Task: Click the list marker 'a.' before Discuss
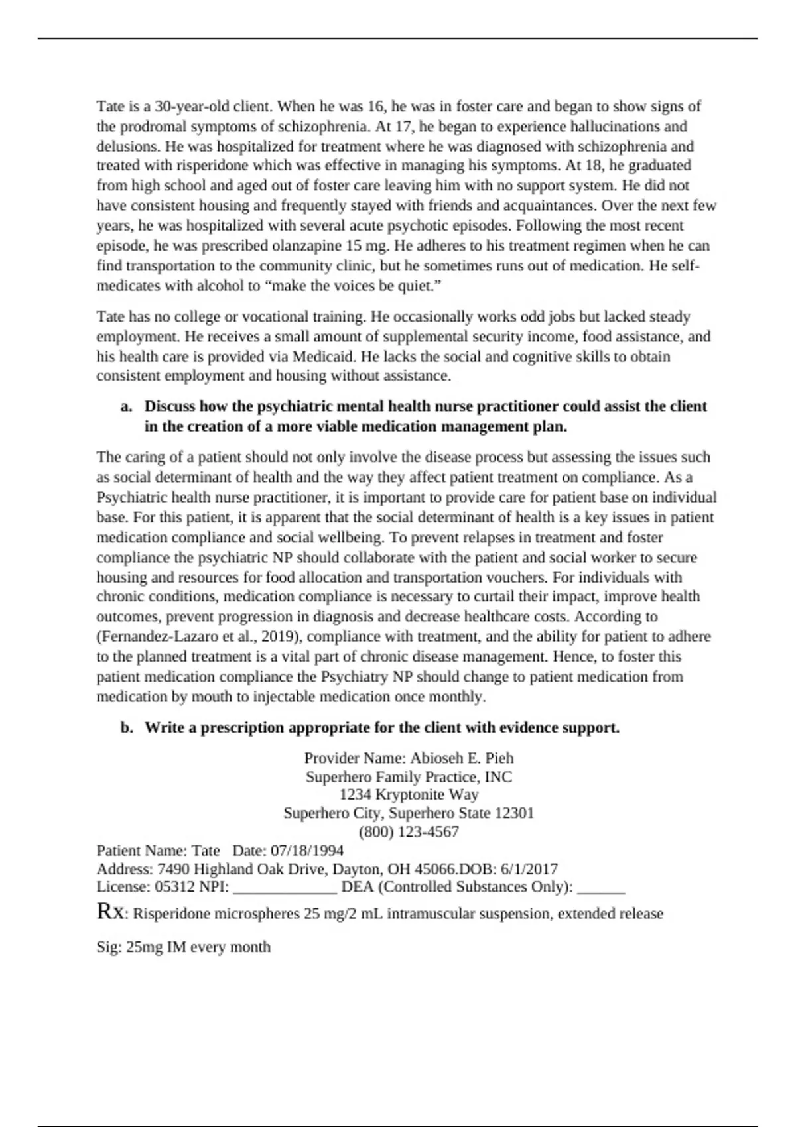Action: coord(127,406)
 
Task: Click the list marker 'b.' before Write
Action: coord(127,728)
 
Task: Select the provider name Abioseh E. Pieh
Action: coord(462,758)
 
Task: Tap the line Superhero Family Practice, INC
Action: coord(409,777)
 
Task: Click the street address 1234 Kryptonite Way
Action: coord(409,795)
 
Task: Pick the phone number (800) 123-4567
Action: coord(409,832)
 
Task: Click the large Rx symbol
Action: coord(109,912)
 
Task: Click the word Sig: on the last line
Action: coord(109,947)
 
